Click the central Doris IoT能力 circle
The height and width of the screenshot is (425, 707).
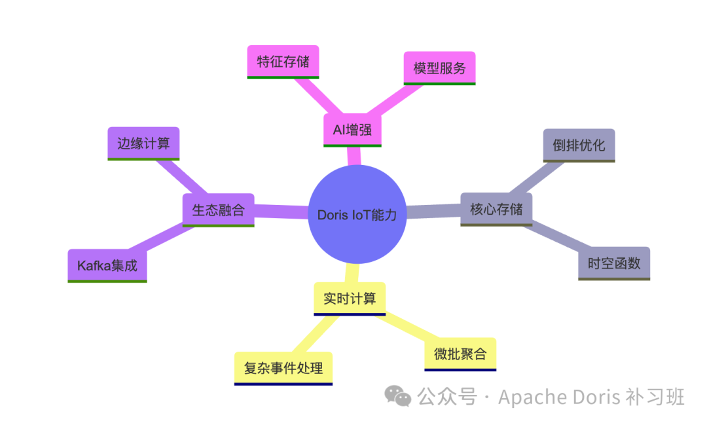tap(357, 214)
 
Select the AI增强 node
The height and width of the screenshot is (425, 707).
tap(352, 130)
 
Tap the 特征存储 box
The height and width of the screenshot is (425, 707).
tap(283, 62)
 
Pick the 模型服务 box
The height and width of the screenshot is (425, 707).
tap(439, 68)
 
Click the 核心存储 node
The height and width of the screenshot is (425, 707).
tap(496, 210)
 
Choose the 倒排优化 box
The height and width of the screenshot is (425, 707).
tap(579, 145)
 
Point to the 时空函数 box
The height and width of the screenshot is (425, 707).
tap(614, 263)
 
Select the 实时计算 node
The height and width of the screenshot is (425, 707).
tap(350, 299)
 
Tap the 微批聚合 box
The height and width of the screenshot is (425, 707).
tap(460, 354)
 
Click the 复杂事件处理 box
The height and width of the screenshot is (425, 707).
tap(283, 368)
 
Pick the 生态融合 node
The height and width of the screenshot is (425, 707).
tap(218, 210)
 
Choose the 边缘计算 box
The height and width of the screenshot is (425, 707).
tap(143, 143)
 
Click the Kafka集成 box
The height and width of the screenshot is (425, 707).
tap(107, 266)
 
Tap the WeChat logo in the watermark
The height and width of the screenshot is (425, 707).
tap(398, 396)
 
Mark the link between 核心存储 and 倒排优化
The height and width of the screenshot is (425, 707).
tap(539, 176)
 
